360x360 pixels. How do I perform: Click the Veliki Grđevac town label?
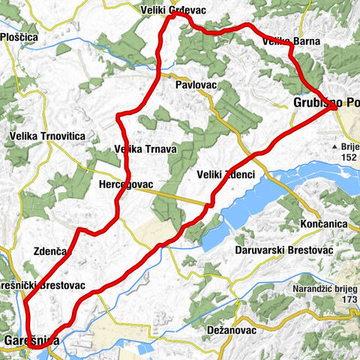click(172, 10)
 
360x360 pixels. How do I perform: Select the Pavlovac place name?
click(196, 85)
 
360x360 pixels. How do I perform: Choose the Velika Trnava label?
click(145, 149)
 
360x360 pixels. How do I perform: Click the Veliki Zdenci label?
click(226, 174)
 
